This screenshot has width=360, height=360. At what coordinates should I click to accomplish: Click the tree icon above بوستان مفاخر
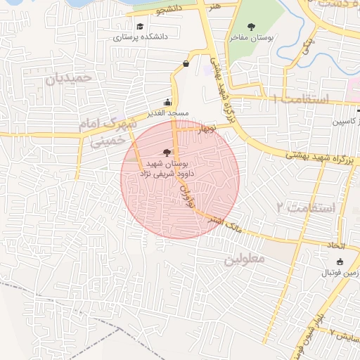252,26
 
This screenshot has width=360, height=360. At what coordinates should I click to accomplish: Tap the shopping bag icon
186,63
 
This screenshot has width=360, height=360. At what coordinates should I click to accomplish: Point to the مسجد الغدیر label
167,113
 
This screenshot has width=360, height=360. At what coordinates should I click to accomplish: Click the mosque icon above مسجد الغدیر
167,102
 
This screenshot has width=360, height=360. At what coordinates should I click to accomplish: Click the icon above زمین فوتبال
340,262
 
